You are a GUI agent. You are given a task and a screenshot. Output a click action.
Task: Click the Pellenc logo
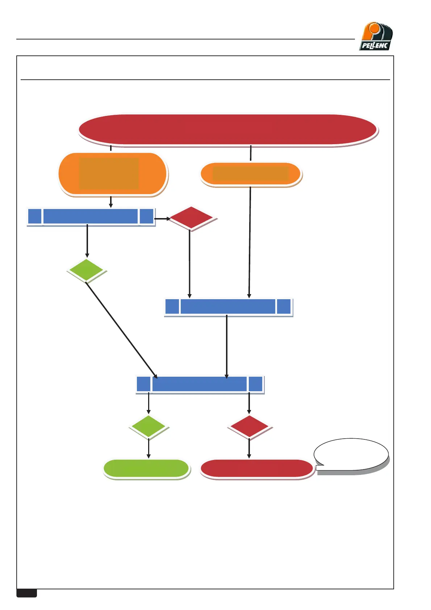coord(376,37)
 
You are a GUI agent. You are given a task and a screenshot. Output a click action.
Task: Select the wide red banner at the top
coord(228,130)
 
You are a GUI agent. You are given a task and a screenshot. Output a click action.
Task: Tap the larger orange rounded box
coord(112,174)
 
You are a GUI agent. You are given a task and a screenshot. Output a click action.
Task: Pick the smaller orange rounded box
coord(251,174)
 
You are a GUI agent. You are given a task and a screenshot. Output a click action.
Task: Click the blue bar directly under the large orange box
coord(91,217)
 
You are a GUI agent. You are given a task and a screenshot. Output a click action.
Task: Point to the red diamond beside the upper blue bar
coord(191,218)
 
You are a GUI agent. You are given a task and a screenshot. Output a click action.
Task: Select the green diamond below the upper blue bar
coord(86,270)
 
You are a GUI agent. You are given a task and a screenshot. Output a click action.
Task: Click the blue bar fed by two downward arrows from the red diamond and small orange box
coord(228,307)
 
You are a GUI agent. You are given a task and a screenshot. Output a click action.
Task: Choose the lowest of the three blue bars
coord(200,384)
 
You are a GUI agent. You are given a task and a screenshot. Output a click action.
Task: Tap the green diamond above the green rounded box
coord(148,427)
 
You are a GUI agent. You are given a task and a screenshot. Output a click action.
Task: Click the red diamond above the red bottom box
coord(249,427)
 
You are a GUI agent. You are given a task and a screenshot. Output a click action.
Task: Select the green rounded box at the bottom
coord(146,469)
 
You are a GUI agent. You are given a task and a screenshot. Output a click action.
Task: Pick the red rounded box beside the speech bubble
coord(256,469)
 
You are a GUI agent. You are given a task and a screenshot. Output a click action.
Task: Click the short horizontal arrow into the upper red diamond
coord(162,219)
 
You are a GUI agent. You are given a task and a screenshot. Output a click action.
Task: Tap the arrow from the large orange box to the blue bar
coord(111,202)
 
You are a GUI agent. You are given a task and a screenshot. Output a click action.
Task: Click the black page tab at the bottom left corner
coord(27,593)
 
